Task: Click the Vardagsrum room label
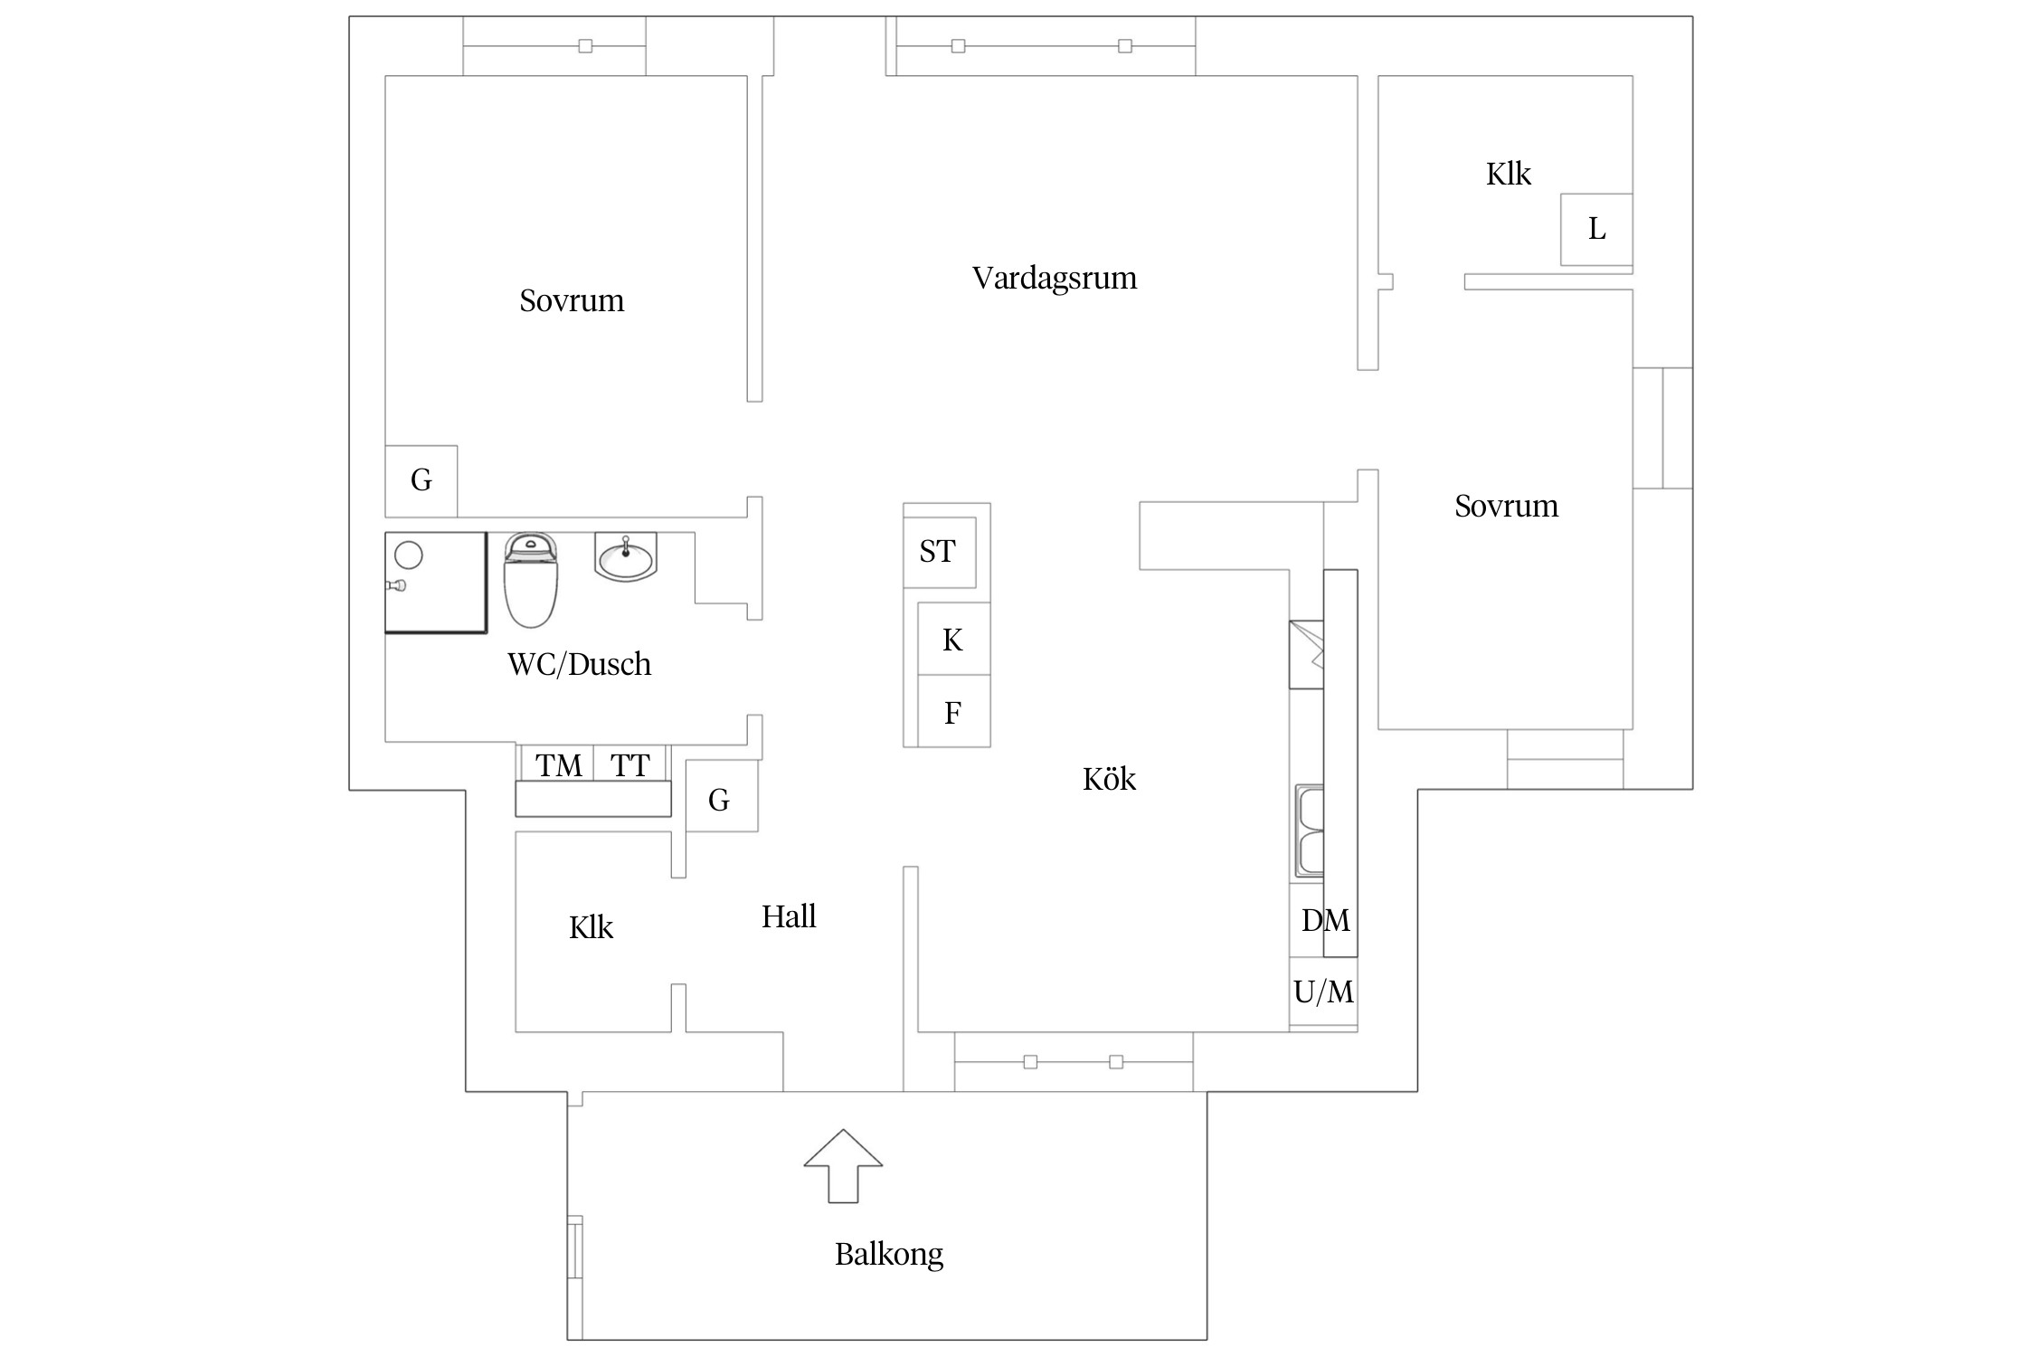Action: pos(1055,279)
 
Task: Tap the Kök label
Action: pos(1109,780)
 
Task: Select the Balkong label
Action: pos(888,1255)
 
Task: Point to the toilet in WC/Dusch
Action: pos(531,580)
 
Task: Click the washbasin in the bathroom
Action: pos(626,556)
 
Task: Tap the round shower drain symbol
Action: pos(409,555)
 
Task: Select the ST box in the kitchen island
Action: pos(939,552)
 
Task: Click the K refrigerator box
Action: pos(953,641)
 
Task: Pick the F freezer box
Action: pos(953,713)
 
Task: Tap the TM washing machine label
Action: pos(558,766)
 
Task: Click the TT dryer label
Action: pos(629,766)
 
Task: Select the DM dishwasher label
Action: pos(1325,921)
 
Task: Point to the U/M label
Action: pos(1323,992)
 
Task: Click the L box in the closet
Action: pos(1596,230)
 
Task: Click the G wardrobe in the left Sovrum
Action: pos(421,480)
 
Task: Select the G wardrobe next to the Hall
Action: pos(720,800)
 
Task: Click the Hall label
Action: pos(789,917)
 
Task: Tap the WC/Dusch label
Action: pos(579,665)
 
